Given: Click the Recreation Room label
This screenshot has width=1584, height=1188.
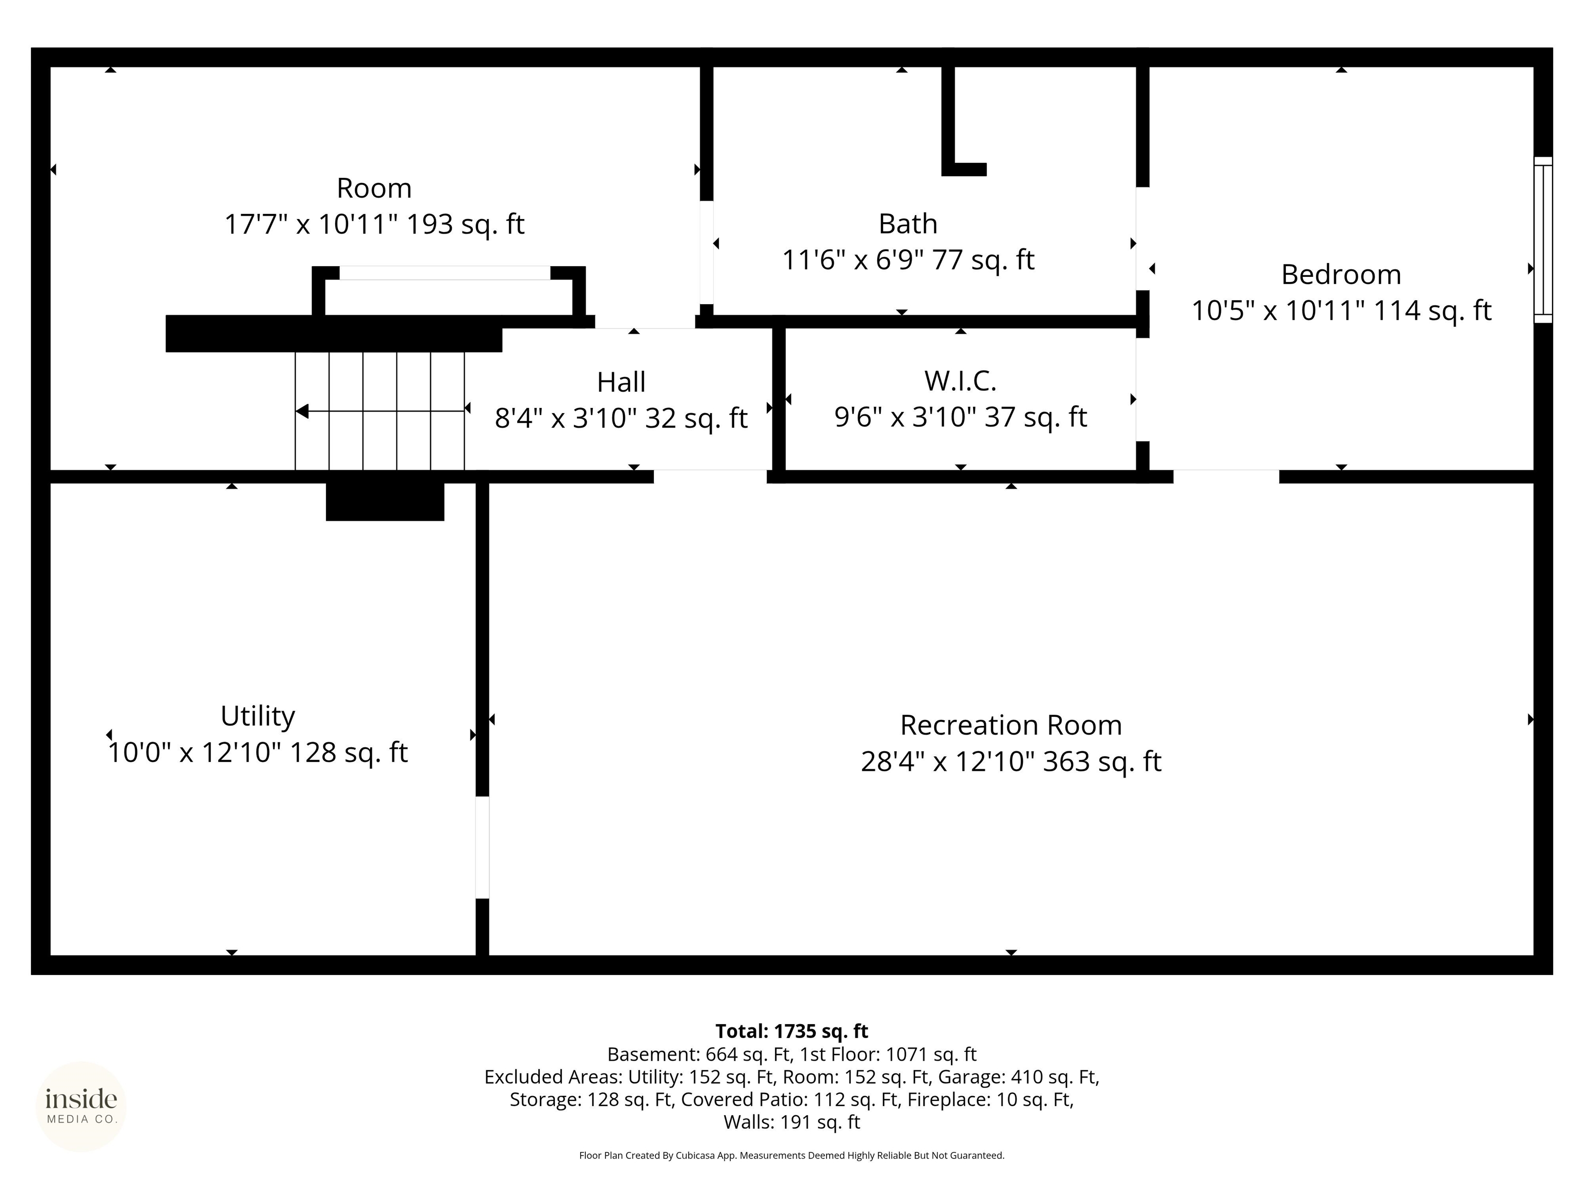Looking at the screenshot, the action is [x=1011, y=725].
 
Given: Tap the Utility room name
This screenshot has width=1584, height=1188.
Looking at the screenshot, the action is [x=258, y=716].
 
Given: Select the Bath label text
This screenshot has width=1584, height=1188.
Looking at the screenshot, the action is [x=908, y=224].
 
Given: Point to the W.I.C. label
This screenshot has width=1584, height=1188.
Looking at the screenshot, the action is [x=960, y=381].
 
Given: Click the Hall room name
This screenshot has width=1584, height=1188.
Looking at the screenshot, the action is [x=621, y=383].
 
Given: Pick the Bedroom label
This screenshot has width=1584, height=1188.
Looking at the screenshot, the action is [x=1341, y=274].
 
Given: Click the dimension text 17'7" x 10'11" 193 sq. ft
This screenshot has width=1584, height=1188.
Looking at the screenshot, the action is [x=374, y=224].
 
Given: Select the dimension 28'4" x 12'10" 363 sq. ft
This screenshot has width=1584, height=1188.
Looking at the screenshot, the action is [x=1011, y=761].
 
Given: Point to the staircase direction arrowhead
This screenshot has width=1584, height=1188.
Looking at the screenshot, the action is [x=302, y=411].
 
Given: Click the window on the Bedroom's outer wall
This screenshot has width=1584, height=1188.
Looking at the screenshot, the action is [x=1542, y=240].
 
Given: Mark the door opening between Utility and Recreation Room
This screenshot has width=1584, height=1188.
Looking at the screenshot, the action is [x=483, y=847].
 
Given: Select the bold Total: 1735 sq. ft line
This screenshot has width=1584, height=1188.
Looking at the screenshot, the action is [x=791, y=1031].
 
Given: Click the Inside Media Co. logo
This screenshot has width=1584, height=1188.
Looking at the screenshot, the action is [x=81, y=1107].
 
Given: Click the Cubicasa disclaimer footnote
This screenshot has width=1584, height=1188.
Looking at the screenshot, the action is [x=791, y=1155].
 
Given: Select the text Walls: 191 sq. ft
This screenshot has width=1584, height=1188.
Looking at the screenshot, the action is [x=791, y=1122].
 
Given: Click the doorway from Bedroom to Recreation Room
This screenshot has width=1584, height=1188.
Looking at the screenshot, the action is [x=1226, y=476].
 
